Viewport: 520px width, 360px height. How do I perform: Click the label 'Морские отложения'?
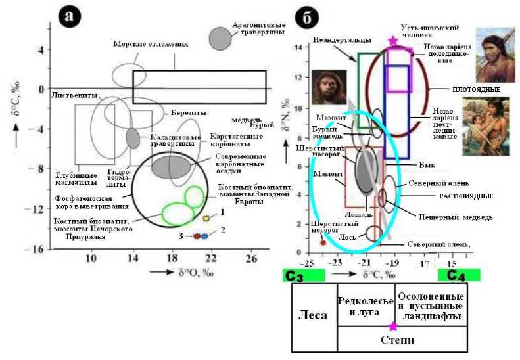point(151,44)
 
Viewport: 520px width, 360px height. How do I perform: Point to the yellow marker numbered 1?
point(206,218)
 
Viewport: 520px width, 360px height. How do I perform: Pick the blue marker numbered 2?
point(204,235)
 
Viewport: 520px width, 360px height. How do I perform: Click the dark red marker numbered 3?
point(196,235)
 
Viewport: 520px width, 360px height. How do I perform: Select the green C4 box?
point(463,275)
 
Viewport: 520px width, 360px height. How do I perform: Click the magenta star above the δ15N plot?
point(393,41)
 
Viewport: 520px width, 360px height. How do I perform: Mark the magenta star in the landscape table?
point(393,326)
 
